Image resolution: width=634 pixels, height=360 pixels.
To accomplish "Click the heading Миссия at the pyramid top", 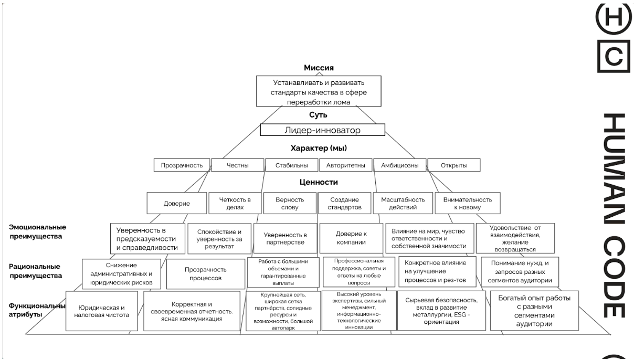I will click(x=319, y=68).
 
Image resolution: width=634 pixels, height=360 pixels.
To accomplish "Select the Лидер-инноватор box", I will click(x=323, y=130).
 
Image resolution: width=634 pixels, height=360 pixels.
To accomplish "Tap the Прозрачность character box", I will click(x=182, y=165).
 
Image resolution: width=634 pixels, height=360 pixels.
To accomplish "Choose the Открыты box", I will click(x=454, y=165).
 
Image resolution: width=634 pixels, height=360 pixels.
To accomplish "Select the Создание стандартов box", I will click(x=344, y=203).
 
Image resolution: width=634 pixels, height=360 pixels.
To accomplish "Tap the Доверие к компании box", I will click(x=351, y=238).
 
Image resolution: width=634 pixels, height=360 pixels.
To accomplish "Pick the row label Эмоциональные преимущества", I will click(x=37, y=231).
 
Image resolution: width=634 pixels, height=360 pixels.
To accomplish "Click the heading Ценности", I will click(x=319, y=182).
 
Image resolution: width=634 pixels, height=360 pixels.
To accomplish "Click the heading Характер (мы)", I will click(x=319, y=148).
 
